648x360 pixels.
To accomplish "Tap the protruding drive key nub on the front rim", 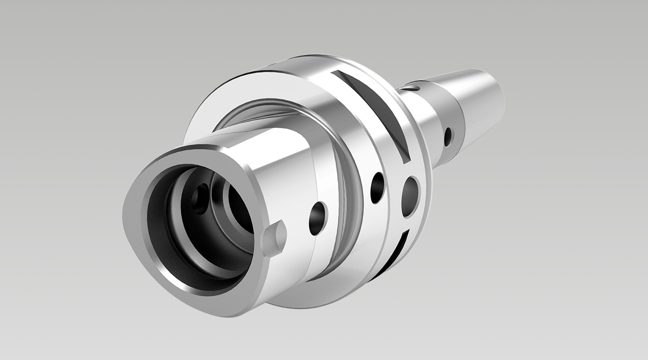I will click(273, 238).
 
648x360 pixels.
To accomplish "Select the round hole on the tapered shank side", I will click(318, 216).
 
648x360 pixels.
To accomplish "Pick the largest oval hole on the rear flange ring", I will click(410, 197).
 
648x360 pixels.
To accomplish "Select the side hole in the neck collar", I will click(448, 137).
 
